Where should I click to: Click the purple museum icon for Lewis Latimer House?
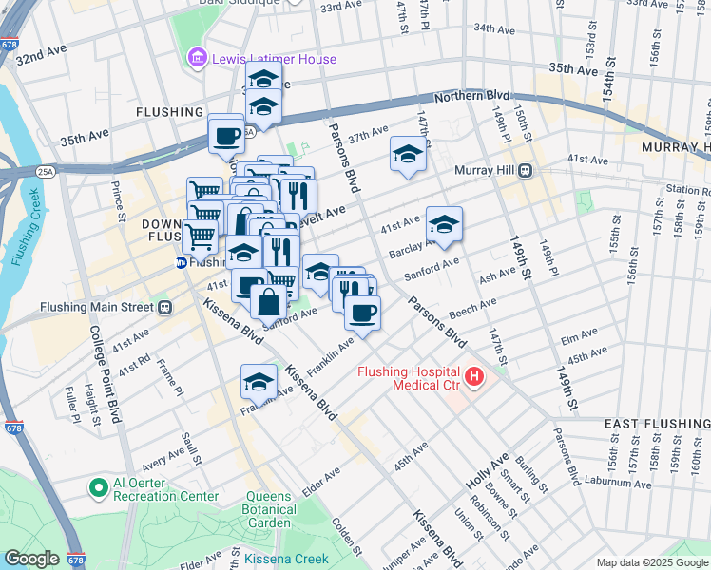click(198, 59)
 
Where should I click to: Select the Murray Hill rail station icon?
click(524, 171)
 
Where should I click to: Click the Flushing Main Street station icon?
click(164, 307)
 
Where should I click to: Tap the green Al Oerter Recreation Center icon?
click(97, 488)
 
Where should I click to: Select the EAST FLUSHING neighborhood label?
click(656, 422)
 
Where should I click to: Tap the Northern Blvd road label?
click(472, 97)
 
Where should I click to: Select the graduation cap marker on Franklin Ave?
click(259, 381)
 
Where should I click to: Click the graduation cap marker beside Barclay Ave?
click(444, 224)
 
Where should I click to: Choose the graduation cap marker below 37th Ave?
click(408, 154)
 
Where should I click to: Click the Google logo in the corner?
click(30, 559)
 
